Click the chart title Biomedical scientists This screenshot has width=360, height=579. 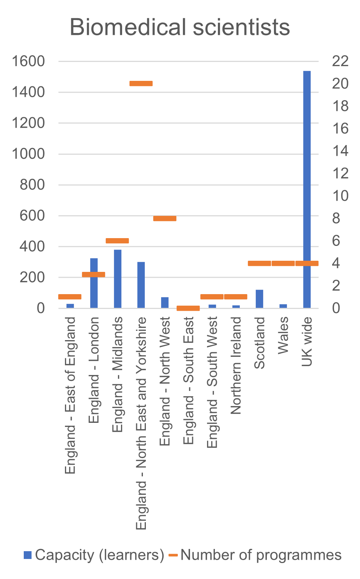pos(180,27)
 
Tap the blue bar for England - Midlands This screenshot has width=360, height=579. pos(117,279)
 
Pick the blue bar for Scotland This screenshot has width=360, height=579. pos(259,299)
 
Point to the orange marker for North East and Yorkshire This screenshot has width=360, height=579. pos(141,83)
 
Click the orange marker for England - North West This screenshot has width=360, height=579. pos(165,218)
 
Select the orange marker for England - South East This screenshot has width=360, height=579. pos(188,308)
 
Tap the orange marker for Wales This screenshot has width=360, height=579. pos(283,263)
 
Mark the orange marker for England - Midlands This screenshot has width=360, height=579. pos(117,241)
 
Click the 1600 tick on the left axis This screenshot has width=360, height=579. pos(28,61)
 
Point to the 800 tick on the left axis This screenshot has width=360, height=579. pos(32,185)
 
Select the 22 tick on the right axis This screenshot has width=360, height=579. pos(340,61)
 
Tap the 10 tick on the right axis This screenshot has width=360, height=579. pos(340,196)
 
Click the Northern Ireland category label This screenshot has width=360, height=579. pos(236,365)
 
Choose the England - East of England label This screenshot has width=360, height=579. pos(70,395)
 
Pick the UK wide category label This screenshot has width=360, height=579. pos(307,342)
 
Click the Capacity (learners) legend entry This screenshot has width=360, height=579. pos(94,555)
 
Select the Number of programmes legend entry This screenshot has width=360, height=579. pos(255,555)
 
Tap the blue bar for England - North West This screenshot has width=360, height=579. pos(165,303)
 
